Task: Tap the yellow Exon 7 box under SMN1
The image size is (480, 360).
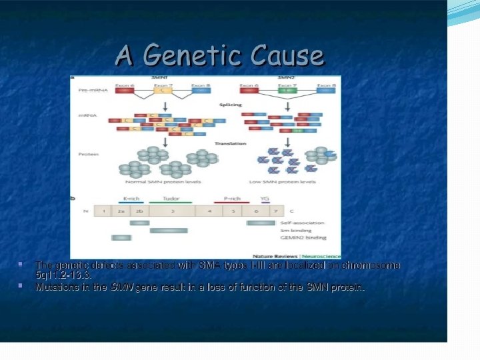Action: click(163, 91)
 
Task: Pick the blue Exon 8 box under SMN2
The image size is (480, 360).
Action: click(326, 91)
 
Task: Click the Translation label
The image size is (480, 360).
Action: click(231, 143)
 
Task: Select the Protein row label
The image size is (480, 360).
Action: click(88, 154)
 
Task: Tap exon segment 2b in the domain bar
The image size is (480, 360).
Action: click(139, 211)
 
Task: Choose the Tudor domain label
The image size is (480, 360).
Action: click(171, 198)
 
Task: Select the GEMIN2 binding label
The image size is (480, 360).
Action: click(304, 237)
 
